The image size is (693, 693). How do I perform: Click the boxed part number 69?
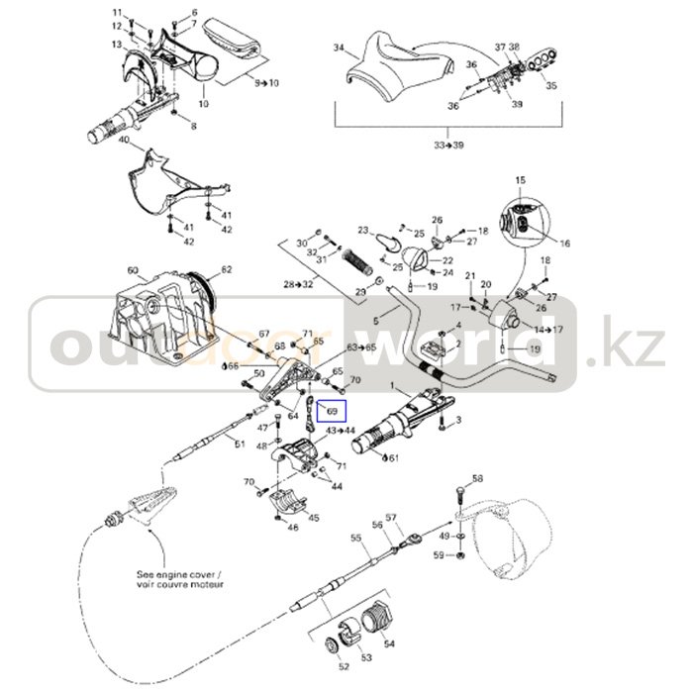coord(333,410)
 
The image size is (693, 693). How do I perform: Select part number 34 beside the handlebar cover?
coord(339,48)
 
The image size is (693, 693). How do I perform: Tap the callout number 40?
coord(125,142)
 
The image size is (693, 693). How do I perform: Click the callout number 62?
coord(226,269)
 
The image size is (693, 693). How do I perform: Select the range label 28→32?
coord(297,283)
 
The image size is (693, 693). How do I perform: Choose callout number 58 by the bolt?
coord(477,479)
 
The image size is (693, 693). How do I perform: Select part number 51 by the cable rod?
coord(239,445)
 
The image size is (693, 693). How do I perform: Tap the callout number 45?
coord(314,518)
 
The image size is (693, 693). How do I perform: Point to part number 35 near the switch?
coord(551,86)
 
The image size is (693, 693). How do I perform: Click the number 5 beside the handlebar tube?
coord(375,322)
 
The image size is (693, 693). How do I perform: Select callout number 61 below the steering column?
coord(394,458)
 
